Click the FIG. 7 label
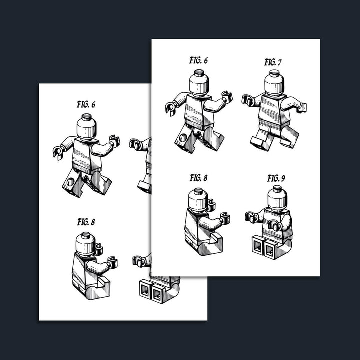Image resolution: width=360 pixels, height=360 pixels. pos(273,62)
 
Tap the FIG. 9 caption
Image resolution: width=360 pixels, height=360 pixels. pos(276,178)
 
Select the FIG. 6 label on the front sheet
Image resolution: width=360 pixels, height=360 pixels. pos(198,60)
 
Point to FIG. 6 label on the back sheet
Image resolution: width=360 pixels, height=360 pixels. pos(86,105)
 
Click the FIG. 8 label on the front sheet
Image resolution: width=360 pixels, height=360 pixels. pos(198,178)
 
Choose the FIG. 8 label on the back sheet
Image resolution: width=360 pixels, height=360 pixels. pos(86,222)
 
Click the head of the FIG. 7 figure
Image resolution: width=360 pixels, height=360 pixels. pos(274,83)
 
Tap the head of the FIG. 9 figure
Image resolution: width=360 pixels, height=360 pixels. pos(277,199)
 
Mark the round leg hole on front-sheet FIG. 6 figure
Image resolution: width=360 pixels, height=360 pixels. pos(183,138)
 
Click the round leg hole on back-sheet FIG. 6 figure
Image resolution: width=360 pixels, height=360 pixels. pos(70,182)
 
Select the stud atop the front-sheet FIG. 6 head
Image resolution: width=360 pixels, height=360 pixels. pos(199,73)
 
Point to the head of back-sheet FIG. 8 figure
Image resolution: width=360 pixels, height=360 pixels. pos(85,244)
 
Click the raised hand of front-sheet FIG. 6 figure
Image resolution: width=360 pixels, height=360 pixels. pos(227,97)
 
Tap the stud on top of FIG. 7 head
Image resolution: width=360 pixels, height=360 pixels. pos(274,73)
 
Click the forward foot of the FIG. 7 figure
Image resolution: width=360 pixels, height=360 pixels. pos(258,142)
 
